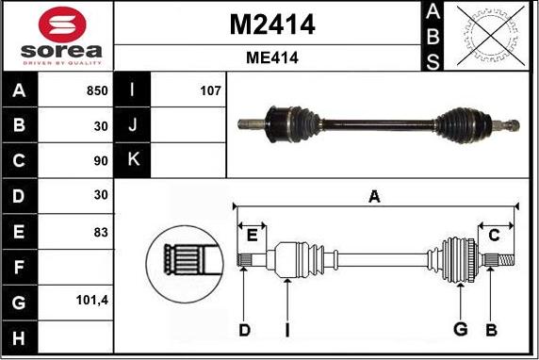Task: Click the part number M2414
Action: tap(271, 25)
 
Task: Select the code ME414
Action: tap(271, 57)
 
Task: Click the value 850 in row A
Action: tap(97, 91)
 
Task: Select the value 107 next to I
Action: tap(209, 91)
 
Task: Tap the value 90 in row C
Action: tap(101, 161)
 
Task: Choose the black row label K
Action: tap(133, 160)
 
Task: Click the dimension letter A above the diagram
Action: tap(374, 197)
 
